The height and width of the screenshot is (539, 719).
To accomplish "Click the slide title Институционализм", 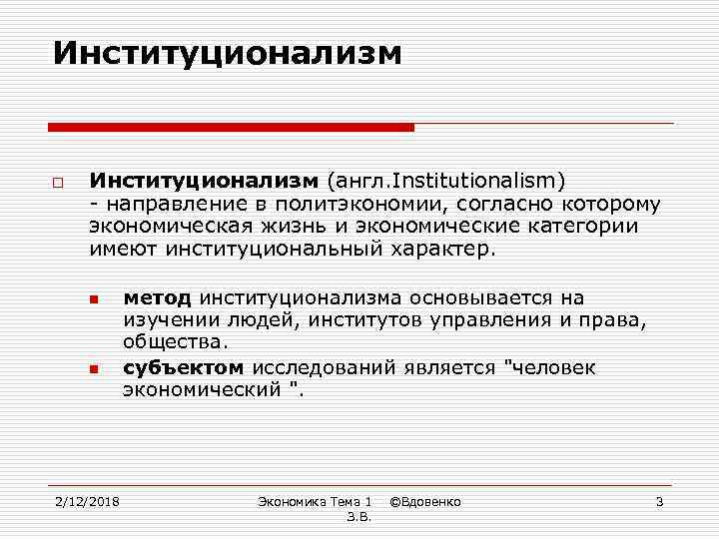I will tap(228, 53).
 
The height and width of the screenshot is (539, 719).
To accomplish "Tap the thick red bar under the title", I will tap(231, 128).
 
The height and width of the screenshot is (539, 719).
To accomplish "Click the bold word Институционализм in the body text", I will tap(203, 182).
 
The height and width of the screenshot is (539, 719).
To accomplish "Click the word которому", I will tap(610, 204).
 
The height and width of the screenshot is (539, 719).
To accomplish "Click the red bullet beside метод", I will tap(91, 299).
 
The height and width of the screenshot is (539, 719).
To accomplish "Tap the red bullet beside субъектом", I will tap(91, 369).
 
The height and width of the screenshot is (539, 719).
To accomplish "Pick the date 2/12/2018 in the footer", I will tap(87, 501).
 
